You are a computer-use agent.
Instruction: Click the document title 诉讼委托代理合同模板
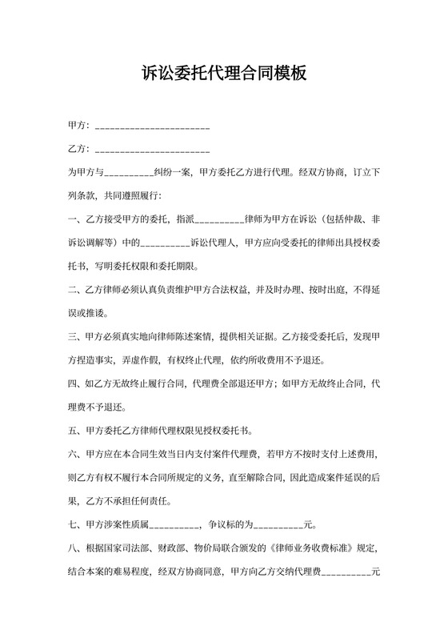coord(224,74)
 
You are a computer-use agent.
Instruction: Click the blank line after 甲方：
coord(152,128)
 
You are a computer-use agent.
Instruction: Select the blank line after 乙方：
coord(152,150)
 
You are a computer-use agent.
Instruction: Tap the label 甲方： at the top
coord(79,126)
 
